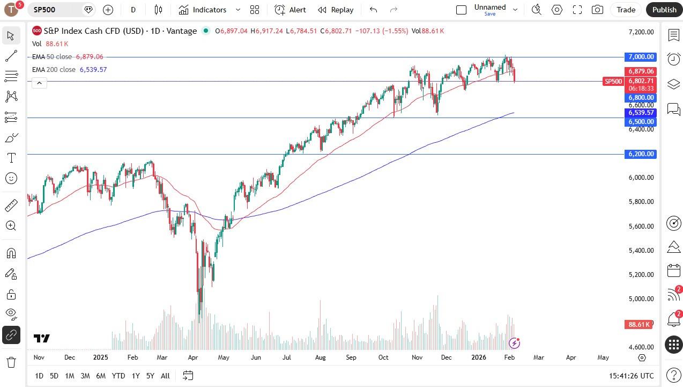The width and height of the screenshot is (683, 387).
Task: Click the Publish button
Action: coord(664,10)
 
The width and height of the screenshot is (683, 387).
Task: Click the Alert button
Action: coord(290,10)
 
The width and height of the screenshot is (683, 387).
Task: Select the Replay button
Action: coord(336,10)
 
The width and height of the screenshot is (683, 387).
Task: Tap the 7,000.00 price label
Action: coord(641,57)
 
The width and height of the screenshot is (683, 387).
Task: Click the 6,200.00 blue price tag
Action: coord(641,154)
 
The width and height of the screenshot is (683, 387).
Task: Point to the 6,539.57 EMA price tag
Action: coord(641,113)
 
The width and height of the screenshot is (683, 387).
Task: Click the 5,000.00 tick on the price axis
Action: coord(641,299)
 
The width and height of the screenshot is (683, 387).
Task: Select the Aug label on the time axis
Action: coord(320,357)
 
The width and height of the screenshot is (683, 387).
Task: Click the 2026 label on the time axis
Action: coord(478,357)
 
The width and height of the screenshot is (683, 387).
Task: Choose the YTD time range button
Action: coord(118,376)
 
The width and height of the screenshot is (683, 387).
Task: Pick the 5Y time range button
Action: coord(150,376)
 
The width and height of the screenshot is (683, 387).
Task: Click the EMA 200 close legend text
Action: coord(54,70)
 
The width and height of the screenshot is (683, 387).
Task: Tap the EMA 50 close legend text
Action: coord(52,57)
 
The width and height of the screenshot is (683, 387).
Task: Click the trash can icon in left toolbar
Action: coord(11,362)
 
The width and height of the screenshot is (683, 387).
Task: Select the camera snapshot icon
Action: coord(597,10)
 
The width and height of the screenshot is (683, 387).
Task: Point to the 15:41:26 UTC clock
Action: coord(631,376)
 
